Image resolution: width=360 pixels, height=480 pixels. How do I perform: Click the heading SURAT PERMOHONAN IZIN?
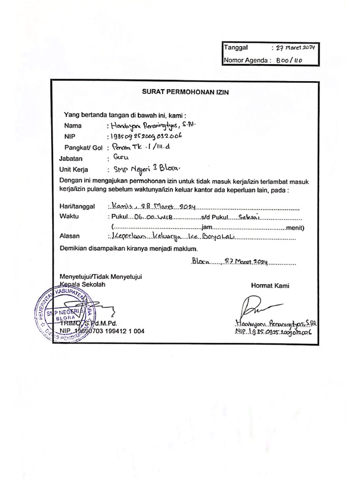(x=185, y=92)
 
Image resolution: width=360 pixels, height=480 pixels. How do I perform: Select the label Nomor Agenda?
(x=246, y=60)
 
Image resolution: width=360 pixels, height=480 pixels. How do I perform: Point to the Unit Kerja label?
(x=74, y=170)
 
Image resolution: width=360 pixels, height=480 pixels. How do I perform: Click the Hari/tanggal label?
(x=77, y=206)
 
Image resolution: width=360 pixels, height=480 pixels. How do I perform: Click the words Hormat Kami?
(x=270, y=285)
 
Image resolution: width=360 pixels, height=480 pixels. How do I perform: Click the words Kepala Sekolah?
(x=82, y=285)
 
